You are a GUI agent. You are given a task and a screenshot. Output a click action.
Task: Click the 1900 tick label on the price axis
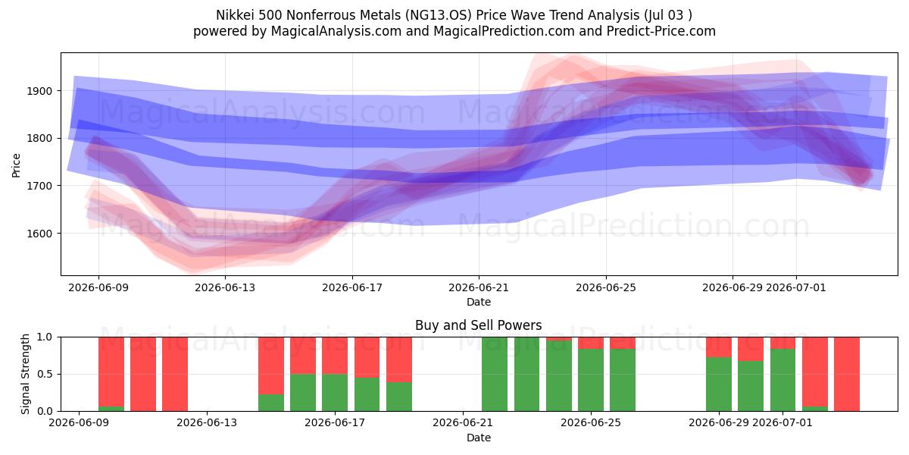click(x=39, y=91)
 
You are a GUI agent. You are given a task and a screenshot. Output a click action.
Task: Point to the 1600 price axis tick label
click(x=39, y=234)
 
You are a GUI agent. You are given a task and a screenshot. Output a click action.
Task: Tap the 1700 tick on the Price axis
click(x=39, y=186)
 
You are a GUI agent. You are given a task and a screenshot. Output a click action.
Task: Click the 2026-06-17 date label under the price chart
click(x=351, y=287)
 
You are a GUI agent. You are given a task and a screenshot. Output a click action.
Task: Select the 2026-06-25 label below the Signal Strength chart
click(x=590, y=422)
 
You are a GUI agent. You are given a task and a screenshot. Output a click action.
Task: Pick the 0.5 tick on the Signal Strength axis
click(x=45, y=374)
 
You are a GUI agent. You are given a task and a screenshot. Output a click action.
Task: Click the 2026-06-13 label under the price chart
click(x=225, y=287)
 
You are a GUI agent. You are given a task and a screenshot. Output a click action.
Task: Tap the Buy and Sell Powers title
click(x=479, y=325)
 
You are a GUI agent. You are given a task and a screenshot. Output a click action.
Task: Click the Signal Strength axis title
click(x=25, y=374)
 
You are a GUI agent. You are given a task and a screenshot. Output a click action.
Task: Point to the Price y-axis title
click(x=16, y=165)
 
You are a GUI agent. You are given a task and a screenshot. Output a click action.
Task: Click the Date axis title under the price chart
click(x=479, y=302)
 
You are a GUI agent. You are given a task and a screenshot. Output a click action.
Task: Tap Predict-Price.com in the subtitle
click(x=661, y=31)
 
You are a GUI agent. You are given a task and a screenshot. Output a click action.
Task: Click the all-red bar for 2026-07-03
click(x=847, y=374)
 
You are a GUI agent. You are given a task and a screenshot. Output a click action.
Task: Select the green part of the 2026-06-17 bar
click(x=335, y=393)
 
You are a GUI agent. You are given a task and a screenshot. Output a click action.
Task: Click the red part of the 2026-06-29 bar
click(x=719, y=347)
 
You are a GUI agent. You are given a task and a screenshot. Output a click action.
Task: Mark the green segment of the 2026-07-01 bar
click(x=782, y=380)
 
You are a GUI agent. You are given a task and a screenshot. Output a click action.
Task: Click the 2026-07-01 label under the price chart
click(x=796, y=287)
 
